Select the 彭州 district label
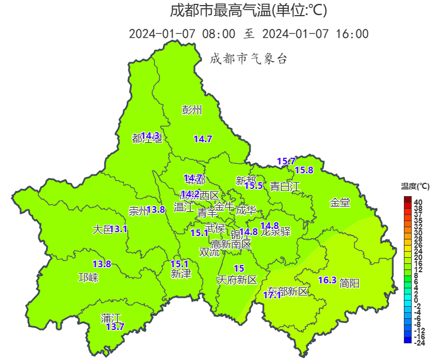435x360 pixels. [x=192, y=109]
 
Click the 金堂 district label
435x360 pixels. [x=340, y=203]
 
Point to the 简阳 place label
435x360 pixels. [x=349, y=283]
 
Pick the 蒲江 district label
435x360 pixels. [x=111, y=318]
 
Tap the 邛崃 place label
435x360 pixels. [x=88, y=278]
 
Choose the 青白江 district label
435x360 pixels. [x=285, y=187]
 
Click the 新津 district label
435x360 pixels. [x=181, y=274]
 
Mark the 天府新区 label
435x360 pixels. [x=237, y=280]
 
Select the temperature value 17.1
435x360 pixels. [x=272, y=296]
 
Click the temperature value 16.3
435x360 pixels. [x=327, y=281]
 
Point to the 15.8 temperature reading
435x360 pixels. [x=304, y=170]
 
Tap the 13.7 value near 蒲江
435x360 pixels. [x=115, y=327]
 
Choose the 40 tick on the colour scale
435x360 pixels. [x=418, y=202]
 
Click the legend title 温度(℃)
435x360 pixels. [x=415, y=186]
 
